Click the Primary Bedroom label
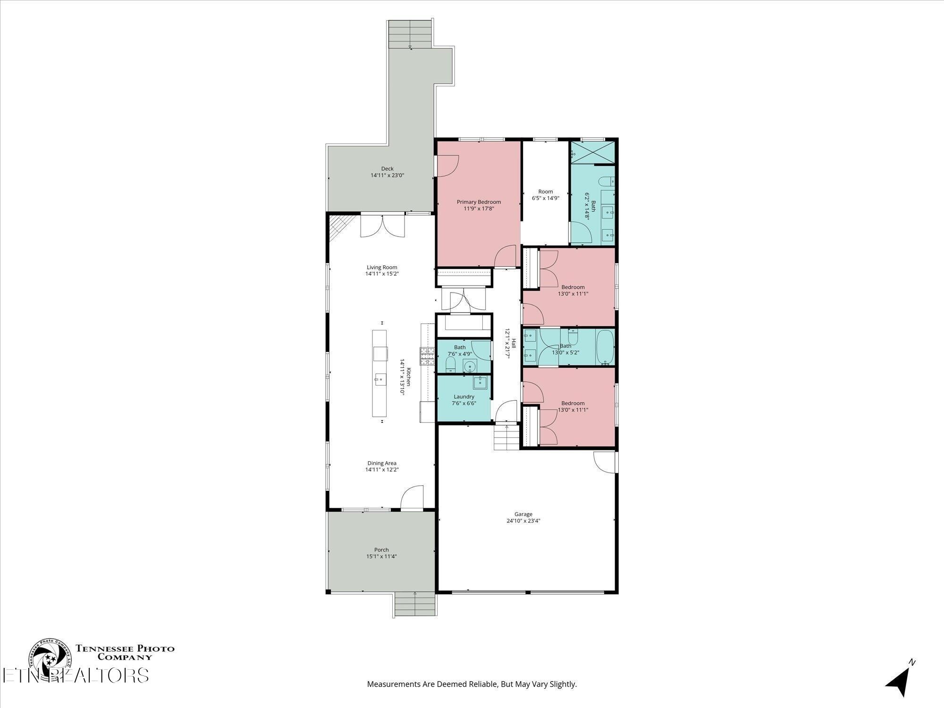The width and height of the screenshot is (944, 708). pos(479,202)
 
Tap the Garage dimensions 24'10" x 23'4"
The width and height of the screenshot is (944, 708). pos(523,521)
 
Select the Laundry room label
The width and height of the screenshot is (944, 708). pos(464,396)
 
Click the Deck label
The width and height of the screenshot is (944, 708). pos(387,169)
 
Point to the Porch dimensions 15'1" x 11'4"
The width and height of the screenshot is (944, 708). pos(381,556)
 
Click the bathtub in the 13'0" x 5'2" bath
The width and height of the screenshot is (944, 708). pos(605,347)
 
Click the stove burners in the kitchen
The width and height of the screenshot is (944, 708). pos(428,356)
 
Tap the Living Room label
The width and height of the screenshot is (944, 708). pos(382,267)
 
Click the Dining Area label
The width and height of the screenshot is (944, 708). pos(382,463)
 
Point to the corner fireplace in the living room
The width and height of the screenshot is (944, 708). pos(339,227)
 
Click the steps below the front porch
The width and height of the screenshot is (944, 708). pos(415,605)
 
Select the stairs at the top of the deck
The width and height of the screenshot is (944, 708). pos(410,34)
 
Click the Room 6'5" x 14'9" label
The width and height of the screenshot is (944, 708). pos(545,192)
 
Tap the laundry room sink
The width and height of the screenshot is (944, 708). pos(480,381)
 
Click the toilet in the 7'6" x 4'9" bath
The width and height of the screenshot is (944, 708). pos(450,364)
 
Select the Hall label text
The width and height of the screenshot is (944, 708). pos(514,344)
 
